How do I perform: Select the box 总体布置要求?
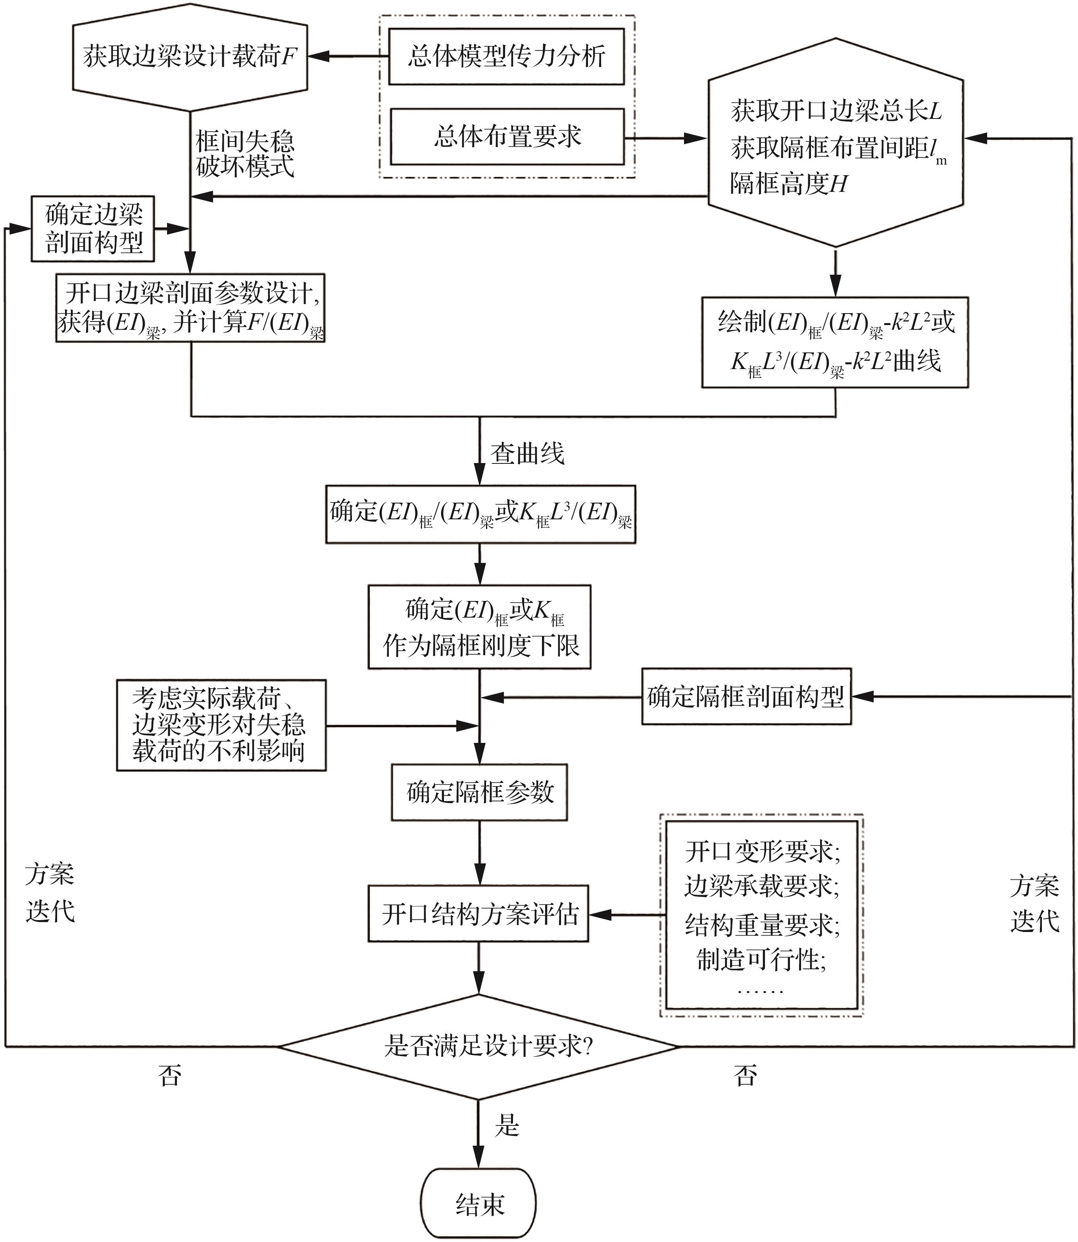[x=507, y=136]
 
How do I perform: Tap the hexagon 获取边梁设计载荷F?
[x=190, y=57]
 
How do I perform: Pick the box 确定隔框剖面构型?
[x=746, y=697]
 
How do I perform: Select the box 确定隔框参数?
[x=479, y=792]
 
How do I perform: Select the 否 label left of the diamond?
[x=170, y=1075]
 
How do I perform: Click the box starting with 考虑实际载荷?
[x=221, y=725]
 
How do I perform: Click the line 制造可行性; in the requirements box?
[x=761, y=960]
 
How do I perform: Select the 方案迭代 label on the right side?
[x=1034, y=903]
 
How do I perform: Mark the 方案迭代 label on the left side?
[x=50, y=893]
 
